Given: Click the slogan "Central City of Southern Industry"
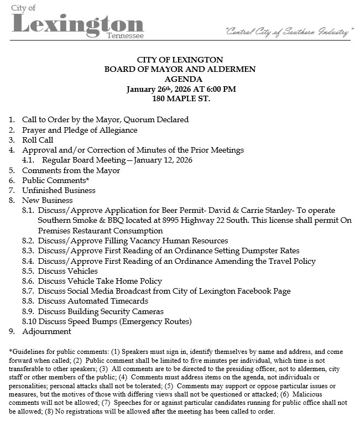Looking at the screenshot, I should (x=289, y=33).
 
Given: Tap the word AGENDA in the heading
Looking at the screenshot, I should (x=180, y=79).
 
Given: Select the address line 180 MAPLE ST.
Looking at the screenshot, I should (x=180, y=99).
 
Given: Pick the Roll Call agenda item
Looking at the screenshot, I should (x=38, y=140).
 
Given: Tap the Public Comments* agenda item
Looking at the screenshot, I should (x=55, y=180).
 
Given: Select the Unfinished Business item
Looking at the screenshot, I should (x=59, y=190).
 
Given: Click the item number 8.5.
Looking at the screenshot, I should (x=29, y=271).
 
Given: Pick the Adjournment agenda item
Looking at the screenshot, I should (x=46, y=332).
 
